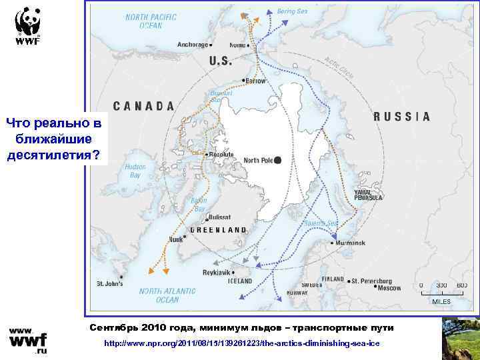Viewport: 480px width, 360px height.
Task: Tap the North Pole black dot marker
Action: tap(278, 160)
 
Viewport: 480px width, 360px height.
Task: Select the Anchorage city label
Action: tap(193, 45)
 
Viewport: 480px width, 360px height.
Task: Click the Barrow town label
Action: tap(256, 81)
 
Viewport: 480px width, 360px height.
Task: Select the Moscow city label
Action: tap(389, 288)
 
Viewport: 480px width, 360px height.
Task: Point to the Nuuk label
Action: tap(175, 239)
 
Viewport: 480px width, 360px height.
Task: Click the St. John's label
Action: tap(109, 284)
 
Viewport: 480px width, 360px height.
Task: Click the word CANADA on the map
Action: tap(143, 105)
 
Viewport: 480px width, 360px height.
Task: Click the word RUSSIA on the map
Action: tap(401, 116)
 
